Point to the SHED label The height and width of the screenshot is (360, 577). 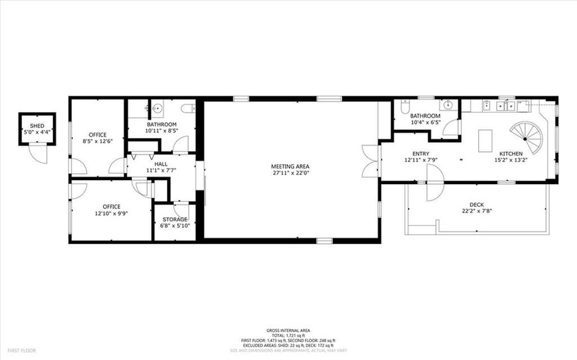[37, 126]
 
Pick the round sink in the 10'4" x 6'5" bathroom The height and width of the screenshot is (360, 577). [448, 106]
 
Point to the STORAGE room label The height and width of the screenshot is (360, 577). [174, 219]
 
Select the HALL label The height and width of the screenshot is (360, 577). [161, 164]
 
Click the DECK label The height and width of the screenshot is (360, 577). [476, 205]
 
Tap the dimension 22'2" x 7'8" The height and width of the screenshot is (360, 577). [476, 212]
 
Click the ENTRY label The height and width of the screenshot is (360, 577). [421, 153]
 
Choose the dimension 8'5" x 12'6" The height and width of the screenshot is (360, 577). [96, 141]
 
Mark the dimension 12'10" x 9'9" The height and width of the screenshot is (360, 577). [111, 213]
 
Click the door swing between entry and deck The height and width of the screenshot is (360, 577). [435, 188]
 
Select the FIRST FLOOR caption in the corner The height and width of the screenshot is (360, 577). [22, 350]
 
